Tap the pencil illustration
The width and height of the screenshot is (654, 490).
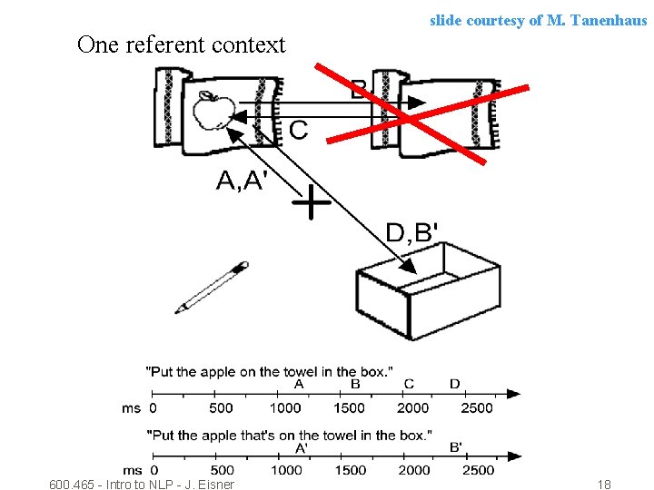(212, 287)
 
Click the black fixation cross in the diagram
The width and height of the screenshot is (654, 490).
(311, 203)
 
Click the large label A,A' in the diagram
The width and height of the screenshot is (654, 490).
(241, 181)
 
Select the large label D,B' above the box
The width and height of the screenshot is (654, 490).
(411, 233)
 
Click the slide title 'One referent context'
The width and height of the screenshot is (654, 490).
(182, 44)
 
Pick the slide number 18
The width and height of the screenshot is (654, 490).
(604, 485)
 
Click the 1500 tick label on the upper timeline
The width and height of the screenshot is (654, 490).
(349, 408)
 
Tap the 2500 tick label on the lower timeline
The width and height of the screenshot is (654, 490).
(478, 470)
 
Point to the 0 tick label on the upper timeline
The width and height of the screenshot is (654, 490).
(153, 408)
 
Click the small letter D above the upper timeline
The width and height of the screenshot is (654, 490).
(454, 384)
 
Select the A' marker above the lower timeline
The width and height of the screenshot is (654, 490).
(301, 446)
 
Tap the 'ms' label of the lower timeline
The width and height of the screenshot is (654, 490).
(132, 470)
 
